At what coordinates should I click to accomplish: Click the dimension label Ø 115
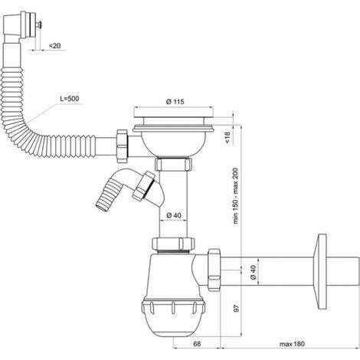(175, 102)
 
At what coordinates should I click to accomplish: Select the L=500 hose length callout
(70, 99)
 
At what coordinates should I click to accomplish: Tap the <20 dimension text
(54, 46)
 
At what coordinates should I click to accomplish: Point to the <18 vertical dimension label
(227, 137)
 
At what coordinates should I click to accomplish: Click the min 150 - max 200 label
(235, 196)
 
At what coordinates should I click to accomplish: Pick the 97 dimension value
(237, 308)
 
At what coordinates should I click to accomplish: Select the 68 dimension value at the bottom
(197, 344)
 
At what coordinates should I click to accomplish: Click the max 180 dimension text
(292, 344)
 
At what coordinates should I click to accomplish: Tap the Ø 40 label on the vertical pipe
(174, 216)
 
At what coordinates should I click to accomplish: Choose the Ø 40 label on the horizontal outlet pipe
(253, 272)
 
